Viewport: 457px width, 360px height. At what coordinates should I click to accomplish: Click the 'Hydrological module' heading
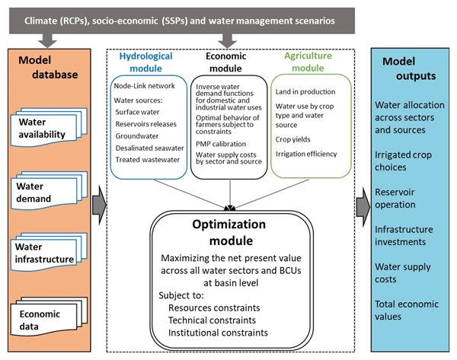tap(146, 62)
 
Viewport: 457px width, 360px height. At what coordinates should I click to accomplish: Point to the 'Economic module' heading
tap(226, 62)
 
